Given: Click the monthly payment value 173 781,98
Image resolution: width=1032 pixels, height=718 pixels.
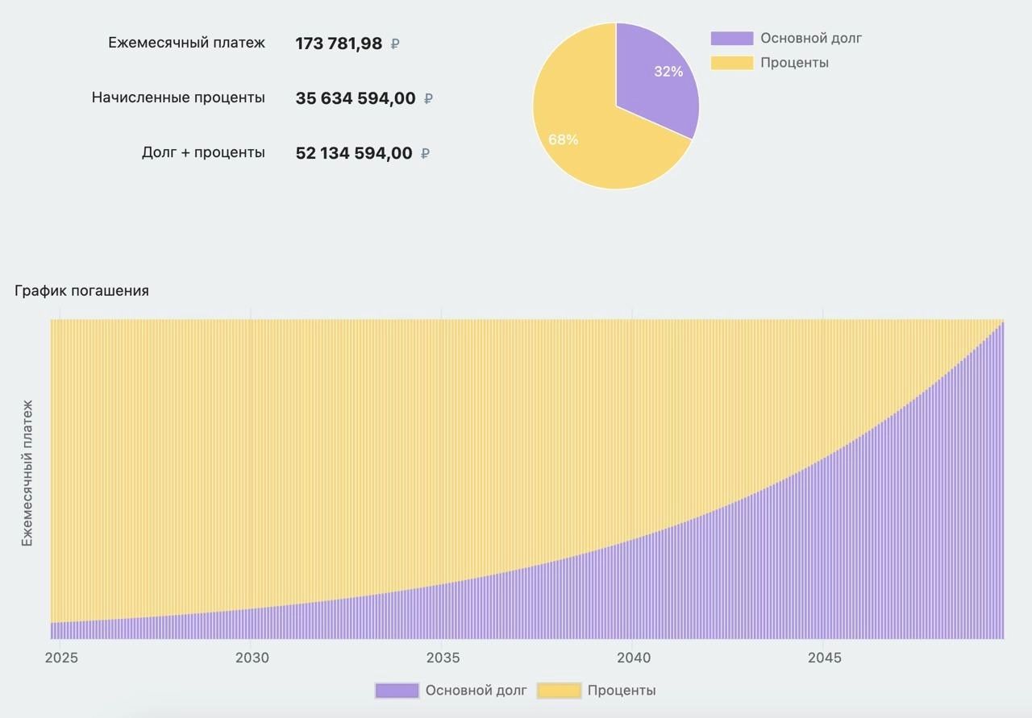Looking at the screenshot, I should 339,44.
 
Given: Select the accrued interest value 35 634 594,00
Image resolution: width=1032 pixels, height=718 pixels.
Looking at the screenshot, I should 356,98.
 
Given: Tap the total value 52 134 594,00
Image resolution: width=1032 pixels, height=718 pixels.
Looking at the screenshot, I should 354,153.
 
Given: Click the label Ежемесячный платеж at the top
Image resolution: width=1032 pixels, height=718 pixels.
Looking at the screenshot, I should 186,43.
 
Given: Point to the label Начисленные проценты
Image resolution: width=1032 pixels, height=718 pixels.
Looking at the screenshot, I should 178,98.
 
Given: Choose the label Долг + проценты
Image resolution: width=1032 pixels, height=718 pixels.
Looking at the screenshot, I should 203,152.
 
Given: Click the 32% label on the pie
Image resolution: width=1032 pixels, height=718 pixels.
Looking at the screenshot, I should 668,72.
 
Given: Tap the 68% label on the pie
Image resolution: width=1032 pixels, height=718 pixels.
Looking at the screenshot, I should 563,139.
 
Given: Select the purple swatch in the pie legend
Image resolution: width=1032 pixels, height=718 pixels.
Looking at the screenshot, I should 731,38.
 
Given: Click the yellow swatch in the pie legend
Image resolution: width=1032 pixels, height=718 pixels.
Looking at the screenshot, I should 731,63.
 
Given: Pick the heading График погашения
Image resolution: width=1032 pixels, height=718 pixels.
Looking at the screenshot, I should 81,291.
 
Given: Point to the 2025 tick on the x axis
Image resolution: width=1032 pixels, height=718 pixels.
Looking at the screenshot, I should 61,658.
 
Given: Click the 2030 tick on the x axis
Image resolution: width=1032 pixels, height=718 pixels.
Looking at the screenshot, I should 252,658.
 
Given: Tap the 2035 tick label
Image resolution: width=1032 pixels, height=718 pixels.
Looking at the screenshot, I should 443,658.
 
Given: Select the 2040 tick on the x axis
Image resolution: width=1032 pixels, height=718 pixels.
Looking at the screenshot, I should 634,658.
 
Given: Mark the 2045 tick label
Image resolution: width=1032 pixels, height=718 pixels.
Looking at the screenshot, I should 824,658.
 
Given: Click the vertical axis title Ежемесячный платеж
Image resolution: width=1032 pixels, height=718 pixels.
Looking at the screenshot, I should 27,473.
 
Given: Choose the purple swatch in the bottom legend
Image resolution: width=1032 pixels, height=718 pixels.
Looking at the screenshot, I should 397,691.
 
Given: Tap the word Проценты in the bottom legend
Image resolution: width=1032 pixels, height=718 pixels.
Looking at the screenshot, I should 622,691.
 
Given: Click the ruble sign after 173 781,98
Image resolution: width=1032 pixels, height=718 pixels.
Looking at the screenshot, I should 395,44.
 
